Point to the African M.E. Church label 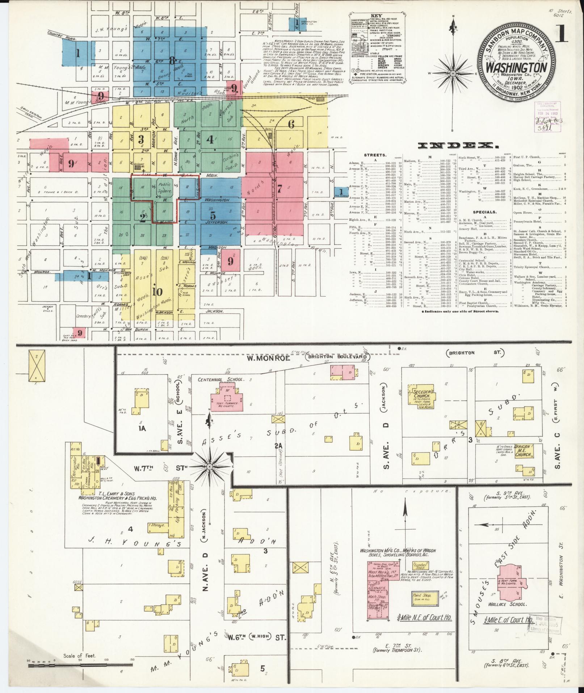click(x=523, y=450)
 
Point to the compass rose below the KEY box click(x=453, y=74)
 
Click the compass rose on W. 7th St click(x=209, y=467)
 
